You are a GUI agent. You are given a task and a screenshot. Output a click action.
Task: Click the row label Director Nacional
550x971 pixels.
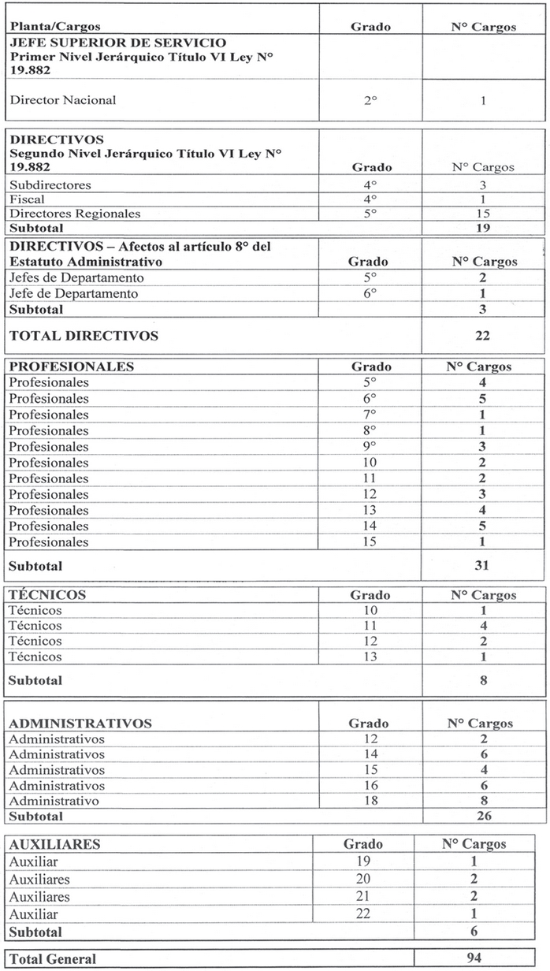62,100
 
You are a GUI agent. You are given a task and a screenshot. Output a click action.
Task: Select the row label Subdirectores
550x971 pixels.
50,184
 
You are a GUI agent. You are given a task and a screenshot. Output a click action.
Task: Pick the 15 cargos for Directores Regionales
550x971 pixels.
483,214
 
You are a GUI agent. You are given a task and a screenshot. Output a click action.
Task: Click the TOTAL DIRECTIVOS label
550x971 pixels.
84,336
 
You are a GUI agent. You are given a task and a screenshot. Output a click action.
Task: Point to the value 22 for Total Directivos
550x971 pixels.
482,336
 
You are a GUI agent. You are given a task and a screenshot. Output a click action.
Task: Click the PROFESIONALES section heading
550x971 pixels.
72,366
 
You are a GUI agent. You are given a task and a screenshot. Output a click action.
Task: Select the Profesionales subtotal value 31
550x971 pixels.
482,565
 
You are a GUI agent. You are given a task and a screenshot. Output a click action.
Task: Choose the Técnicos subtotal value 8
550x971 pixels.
482,679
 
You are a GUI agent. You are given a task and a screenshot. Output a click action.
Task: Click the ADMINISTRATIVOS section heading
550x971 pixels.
80,723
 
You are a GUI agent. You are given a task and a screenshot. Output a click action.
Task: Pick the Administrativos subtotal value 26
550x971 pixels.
482,816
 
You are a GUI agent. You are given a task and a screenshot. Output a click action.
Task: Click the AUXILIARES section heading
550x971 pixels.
54,844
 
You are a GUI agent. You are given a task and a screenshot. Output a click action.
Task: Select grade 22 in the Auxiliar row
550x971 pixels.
363,915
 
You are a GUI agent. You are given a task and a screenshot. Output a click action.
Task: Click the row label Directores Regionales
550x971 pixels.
75,214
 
